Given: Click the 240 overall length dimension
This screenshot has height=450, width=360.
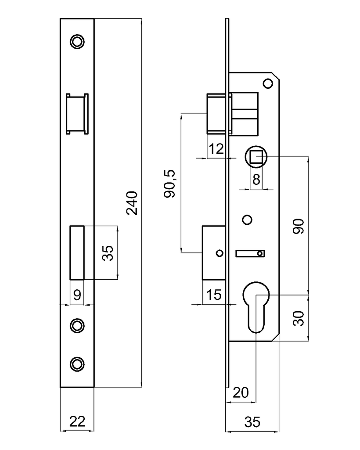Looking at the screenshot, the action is tap(132, 203).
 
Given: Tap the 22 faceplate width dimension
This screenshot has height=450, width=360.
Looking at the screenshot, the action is tap(77, 421).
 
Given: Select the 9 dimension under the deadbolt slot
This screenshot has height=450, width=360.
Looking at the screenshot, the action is tap(77, 295).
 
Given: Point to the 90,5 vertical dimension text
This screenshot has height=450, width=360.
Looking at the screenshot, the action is tap(169, 184).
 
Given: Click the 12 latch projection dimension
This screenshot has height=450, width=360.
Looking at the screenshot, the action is tap(216, 149).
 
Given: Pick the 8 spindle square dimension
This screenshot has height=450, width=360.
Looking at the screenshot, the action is tap(256, 180).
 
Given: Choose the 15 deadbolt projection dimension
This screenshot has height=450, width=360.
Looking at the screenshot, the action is tap(214, 295).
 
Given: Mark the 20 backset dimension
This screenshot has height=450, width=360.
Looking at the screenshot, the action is tap(241, 392).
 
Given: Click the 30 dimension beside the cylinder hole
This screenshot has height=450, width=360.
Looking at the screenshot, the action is tap(298, 318).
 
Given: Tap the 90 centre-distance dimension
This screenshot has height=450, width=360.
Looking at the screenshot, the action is tap(298, 226).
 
